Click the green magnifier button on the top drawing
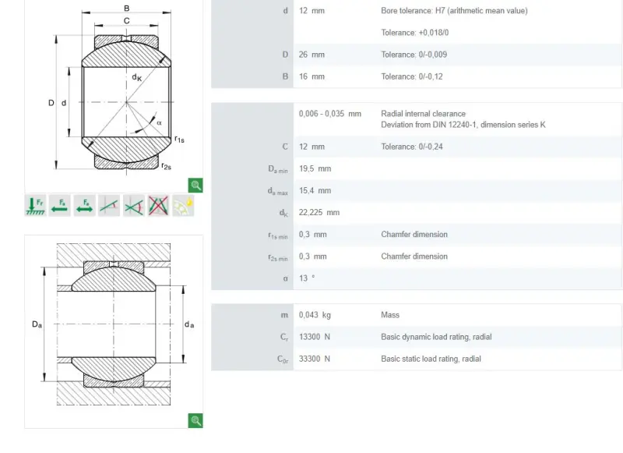195,186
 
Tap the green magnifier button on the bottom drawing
195,421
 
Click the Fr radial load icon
35,206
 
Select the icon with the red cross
158,206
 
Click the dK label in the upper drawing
137,77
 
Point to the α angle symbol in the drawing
159,123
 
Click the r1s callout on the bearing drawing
180,140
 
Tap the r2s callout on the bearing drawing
167,166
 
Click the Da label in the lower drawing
37,324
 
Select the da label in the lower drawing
189,324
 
